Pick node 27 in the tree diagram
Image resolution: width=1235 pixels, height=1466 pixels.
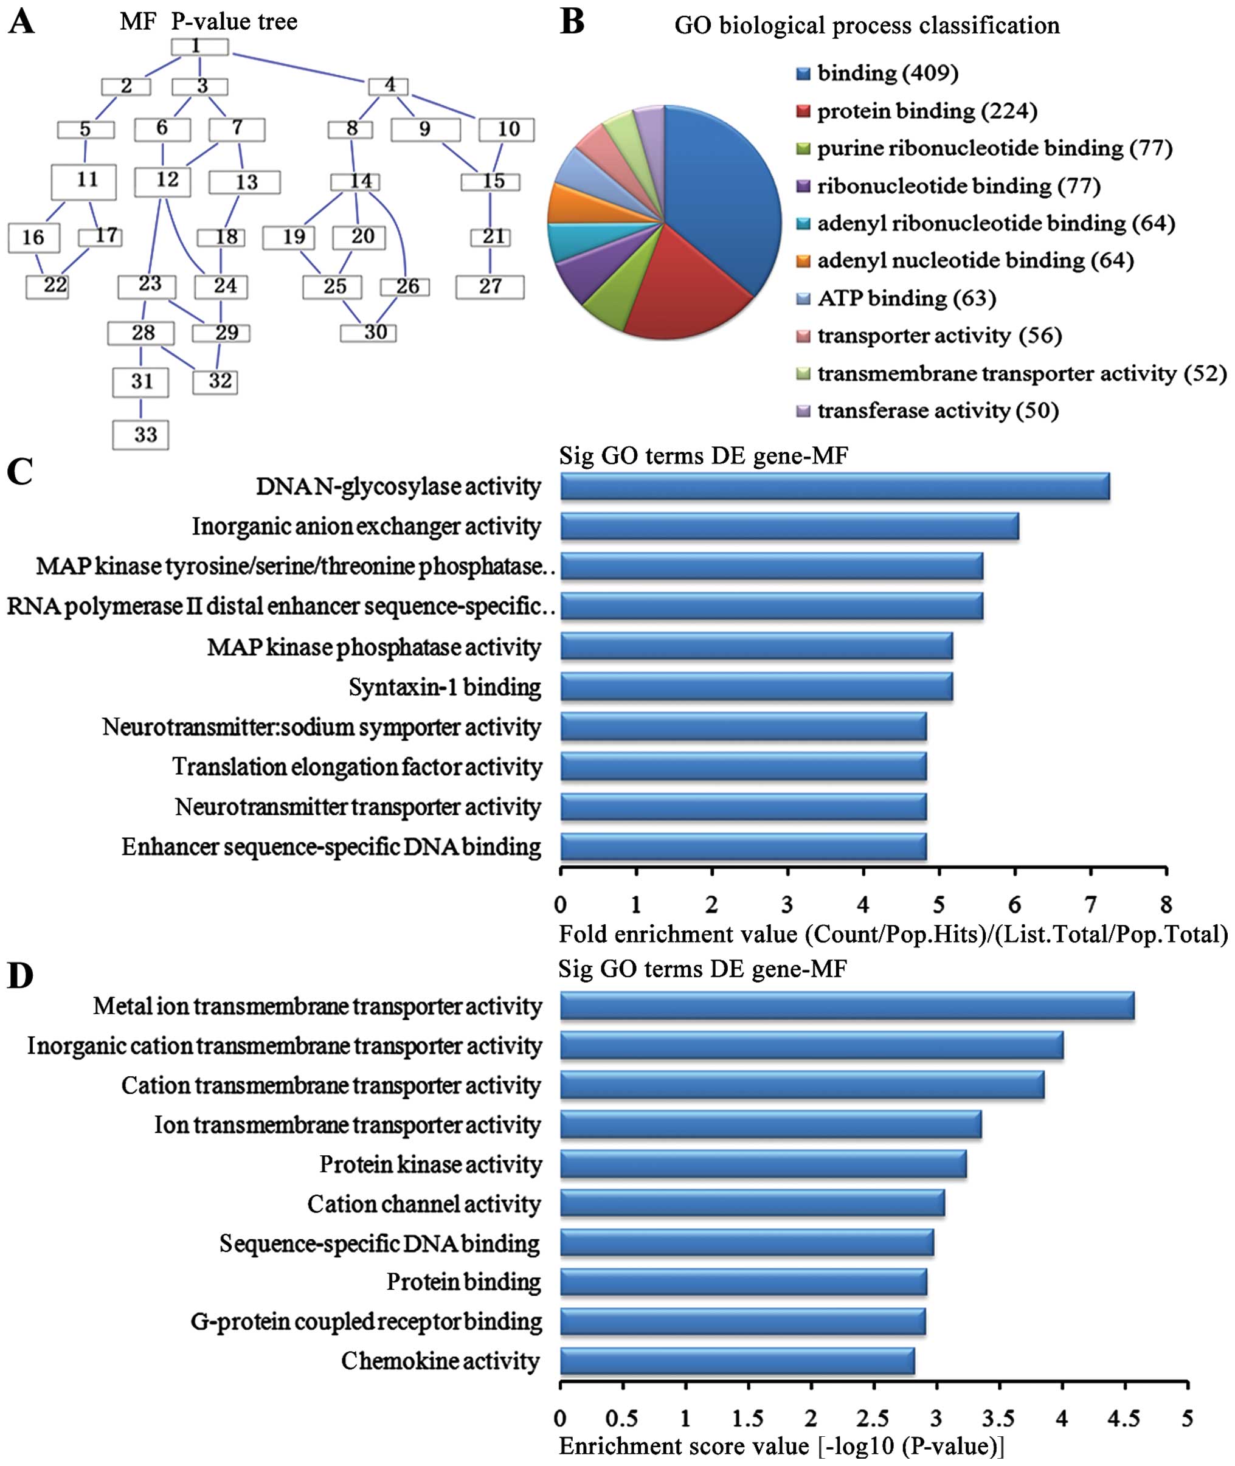490,287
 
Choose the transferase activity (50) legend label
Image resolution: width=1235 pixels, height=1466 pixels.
938,411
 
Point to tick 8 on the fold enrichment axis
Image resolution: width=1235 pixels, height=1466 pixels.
1166,905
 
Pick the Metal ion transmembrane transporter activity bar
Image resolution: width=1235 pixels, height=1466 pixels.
847,1007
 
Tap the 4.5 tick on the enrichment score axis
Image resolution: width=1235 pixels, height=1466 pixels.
1124,1418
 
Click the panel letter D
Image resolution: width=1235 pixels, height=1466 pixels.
19,975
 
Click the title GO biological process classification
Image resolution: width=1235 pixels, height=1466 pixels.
867,26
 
